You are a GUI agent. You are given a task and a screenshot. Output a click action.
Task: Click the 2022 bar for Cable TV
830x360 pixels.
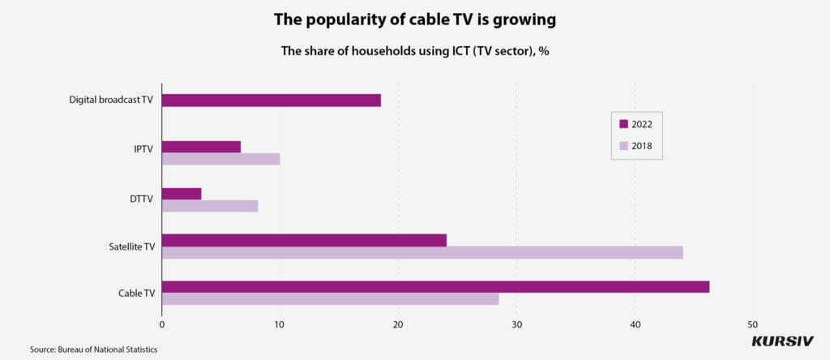tap(435, 287)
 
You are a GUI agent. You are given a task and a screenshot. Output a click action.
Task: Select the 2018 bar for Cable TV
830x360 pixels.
tap(330, 299)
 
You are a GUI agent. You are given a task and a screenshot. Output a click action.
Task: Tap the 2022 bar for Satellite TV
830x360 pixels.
tap(304, 240)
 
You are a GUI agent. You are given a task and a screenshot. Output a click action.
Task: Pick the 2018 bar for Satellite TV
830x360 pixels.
tap(422, 252)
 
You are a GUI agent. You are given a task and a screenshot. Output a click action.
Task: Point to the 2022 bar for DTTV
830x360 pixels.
tap(182, 194)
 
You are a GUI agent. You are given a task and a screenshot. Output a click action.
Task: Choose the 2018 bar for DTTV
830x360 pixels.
tap(210, 206)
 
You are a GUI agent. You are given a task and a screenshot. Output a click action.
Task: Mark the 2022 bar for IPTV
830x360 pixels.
tap(201, 147)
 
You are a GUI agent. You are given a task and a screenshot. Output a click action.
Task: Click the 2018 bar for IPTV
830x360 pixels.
tap(220, 159)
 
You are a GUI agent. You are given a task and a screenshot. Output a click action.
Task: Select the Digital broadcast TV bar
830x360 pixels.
tap(271, 101)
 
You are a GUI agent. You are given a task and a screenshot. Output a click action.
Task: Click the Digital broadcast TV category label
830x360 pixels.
tap(111, 101)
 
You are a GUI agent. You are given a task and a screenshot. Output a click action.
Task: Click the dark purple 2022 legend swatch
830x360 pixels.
tap(623, 124)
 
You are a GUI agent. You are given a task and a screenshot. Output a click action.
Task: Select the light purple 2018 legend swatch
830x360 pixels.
tap(623, 147)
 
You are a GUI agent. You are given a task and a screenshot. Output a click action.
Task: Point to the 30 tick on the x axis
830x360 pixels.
tap(516, 325)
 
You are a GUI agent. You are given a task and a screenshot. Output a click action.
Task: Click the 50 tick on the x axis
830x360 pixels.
tap(753, 325)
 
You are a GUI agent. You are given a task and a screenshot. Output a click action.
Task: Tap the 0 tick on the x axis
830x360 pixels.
tap(162, 325)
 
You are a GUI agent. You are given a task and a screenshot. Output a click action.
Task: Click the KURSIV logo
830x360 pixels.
tap(782, 341)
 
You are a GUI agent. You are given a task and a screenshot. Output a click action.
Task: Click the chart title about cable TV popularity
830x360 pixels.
tap(414, 19)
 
